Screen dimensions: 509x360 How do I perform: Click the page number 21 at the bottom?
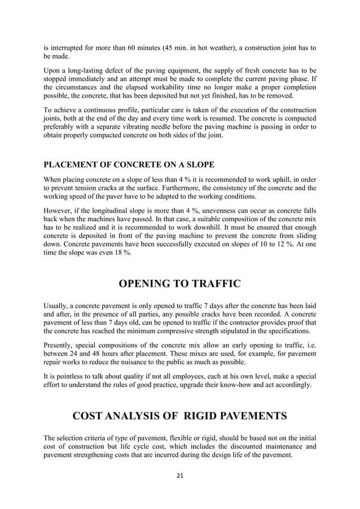pyautogui.click(x=180, y=476)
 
